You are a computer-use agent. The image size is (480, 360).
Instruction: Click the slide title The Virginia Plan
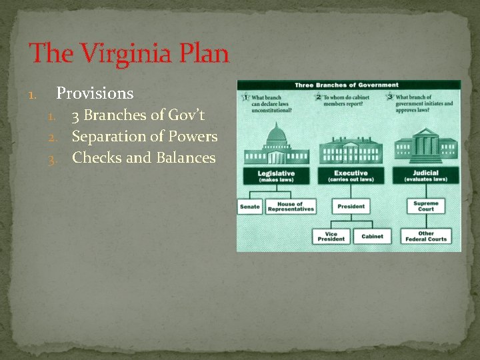click(x=129, y=53)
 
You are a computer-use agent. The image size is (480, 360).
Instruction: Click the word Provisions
click(x=95, y=93)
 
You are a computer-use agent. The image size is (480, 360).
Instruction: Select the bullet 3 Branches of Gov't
click(x=138, y=115)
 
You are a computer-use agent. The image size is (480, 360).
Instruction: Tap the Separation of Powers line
click(x=144, y=137)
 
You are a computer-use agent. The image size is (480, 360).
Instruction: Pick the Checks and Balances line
click(x=143, y=158)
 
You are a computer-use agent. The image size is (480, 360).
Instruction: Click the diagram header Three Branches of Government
click(x=347, y=85)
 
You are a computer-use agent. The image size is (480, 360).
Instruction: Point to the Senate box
click(x=250, y=207)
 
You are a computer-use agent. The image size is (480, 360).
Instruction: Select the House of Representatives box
click(x=290, y=207)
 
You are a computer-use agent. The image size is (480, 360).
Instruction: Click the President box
click(x=351, y=207)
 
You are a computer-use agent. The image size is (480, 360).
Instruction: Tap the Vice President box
click(x=331, y=236)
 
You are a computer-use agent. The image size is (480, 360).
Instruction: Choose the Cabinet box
click(x=372, y=236)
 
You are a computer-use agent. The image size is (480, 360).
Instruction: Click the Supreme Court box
click(x=425, y=206)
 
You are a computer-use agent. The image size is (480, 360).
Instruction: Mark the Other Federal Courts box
click(x=425, y=236)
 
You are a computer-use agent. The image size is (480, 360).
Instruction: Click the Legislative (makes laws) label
click(x=276, y=176)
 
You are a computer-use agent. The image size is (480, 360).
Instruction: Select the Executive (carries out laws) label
click(x=351, y=176)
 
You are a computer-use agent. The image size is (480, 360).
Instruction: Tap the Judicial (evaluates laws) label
click(x=425, y=176)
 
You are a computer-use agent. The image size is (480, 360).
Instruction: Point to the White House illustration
click(x=351, y=149)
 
